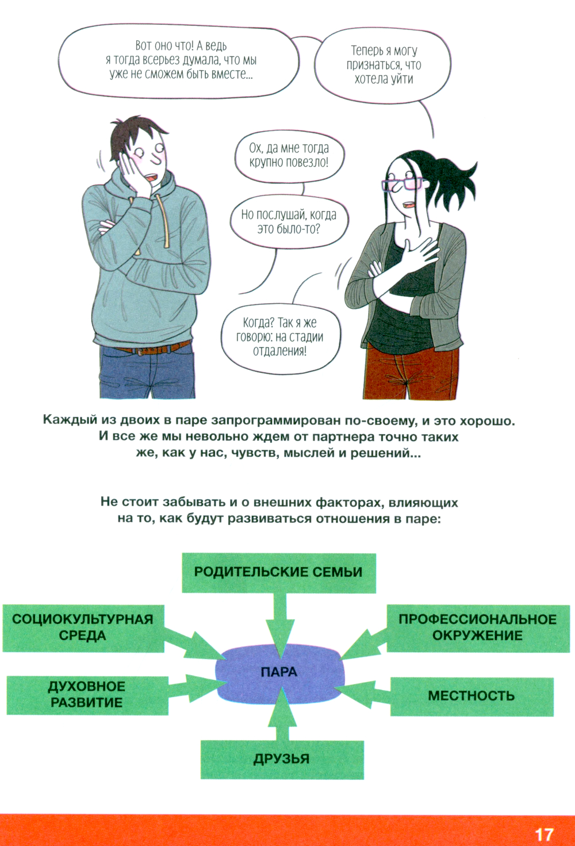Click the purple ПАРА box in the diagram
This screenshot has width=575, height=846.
(279, 673)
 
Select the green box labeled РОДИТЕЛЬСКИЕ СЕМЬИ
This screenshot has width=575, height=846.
(279, 572)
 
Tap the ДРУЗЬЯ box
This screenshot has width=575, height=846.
(282, 759)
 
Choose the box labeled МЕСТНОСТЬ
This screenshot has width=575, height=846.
(471, 696)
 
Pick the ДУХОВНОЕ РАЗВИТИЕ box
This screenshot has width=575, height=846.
(87, 695)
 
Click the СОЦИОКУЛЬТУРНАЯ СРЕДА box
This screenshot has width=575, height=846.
(83, 627)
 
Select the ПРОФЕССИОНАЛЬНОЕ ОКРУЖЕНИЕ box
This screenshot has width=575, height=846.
(477, 627)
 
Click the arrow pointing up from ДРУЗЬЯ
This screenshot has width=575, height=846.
(282, 716)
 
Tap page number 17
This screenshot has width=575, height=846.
(543, 834)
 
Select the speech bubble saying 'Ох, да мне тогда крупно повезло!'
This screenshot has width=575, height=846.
(289, 155)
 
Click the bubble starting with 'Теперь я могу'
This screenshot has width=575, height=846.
(384, 65)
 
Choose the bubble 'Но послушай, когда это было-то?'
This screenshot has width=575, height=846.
(289, 221)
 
